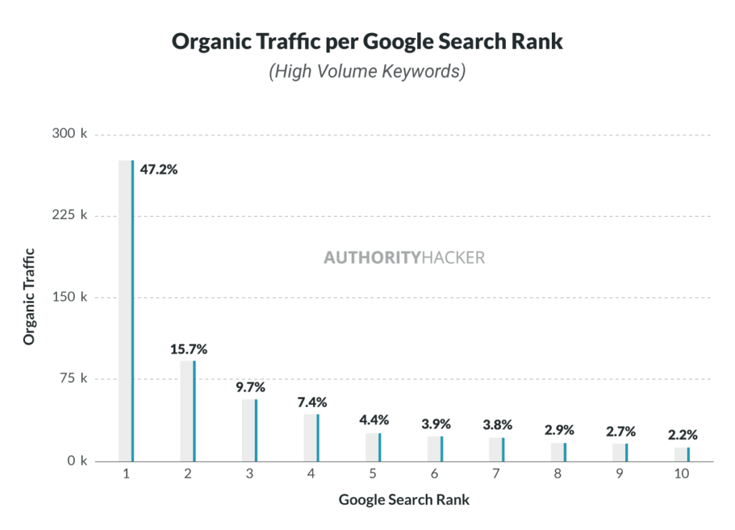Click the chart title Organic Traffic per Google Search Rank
[367, 42]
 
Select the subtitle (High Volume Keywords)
[367, 72]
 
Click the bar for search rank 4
[312, 437]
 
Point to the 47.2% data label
[159, 170]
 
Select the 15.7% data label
[189, 349]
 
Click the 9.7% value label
[251, 387]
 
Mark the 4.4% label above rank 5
[374, 420]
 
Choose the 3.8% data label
[497, 425]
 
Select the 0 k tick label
[75, 461]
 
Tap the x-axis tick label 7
[495, 474]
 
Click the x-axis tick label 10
[681, 474]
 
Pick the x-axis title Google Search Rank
[404, 500]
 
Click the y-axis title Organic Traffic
[29, 295]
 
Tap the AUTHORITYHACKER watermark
[404, 257]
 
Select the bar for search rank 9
[620, 452]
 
